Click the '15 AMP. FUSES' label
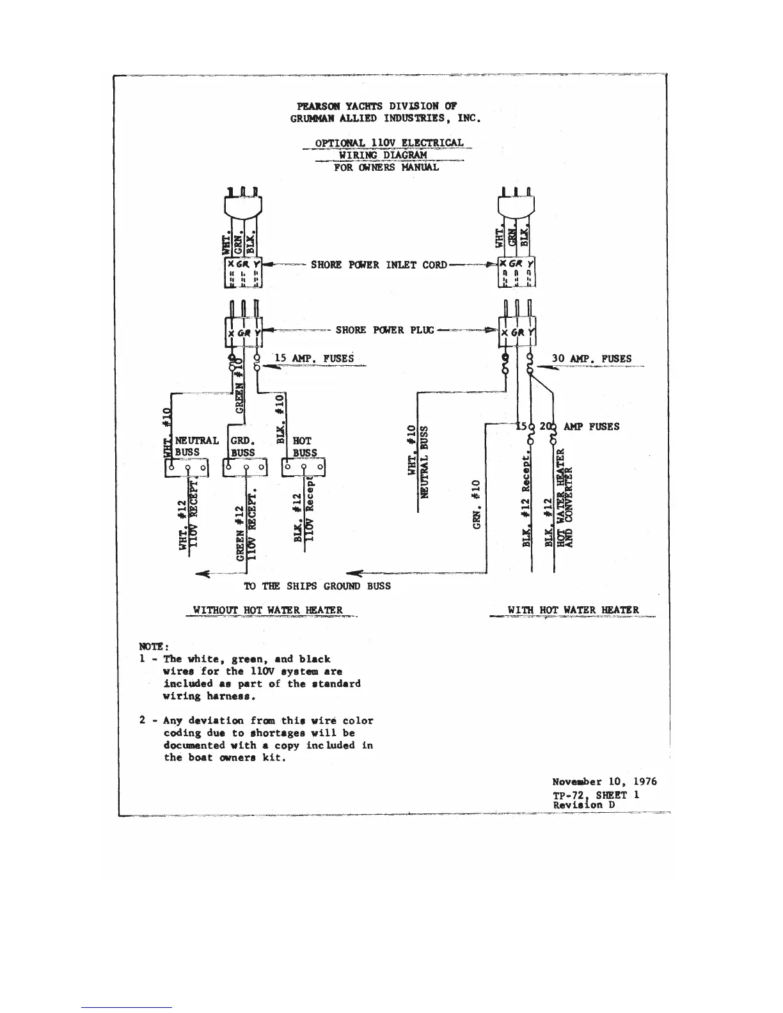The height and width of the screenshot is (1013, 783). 314,358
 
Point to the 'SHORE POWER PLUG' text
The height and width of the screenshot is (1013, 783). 384,330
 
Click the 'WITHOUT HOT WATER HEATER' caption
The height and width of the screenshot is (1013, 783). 268,610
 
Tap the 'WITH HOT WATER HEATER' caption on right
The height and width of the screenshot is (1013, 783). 573,610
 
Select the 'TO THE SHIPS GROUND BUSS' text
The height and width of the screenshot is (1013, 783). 317,586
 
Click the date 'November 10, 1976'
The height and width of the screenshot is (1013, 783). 605,781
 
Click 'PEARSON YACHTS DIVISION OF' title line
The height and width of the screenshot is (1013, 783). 377,106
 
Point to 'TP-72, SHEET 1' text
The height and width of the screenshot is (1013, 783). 596,794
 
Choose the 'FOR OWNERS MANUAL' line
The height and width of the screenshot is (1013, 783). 386,168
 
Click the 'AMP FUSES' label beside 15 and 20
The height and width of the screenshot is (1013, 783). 591,427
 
